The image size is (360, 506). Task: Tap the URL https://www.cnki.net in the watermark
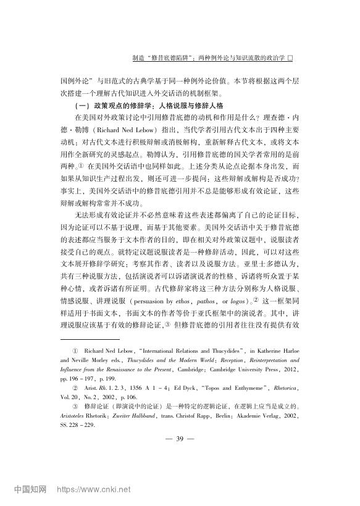click(93, 492)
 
